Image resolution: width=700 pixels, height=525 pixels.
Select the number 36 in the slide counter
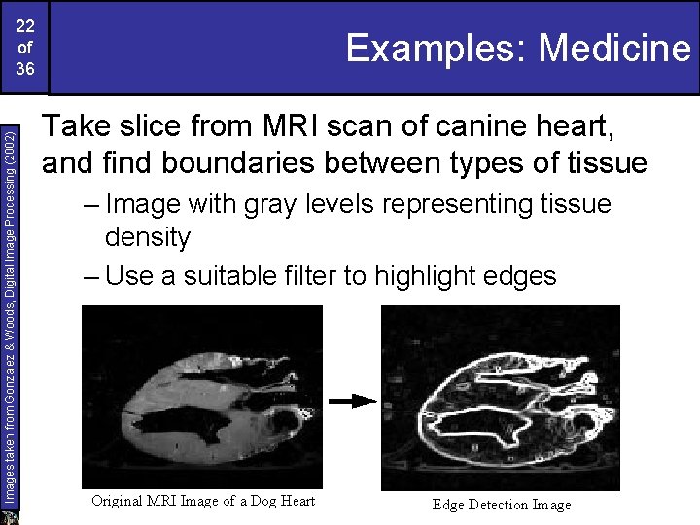(25, 69)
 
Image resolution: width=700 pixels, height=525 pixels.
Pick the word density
(148, 237)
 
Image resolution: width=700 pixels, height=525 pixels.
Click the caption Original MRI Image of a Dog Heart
(202, 501)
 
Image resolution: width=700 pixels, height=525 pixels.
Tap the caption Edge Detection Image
(502, 504)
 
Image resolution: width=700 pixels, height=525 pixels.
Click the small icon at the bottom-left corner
(12, 516)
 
